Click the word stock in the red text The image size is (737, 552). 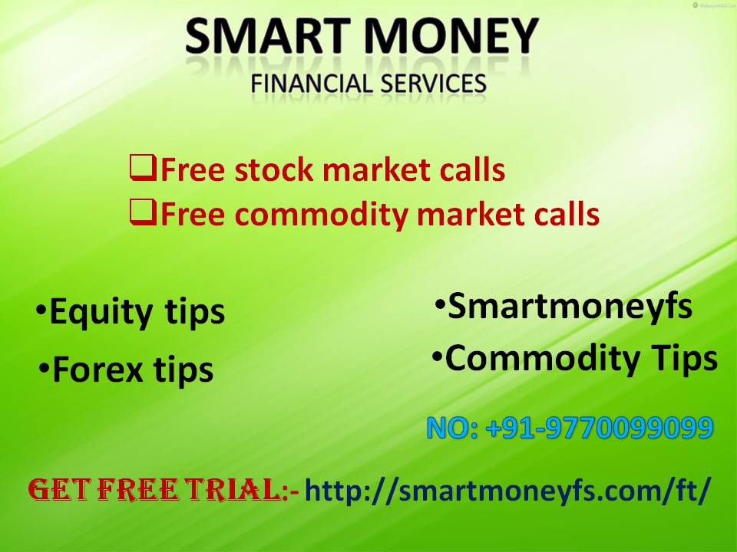(x=272, y=169)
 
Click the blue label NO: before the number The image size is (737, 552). (x=452, y=428)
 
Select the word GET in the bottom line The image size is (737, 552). (x=55, y=488)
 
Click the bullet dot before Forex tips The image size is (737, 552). (x=45, y=369)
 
